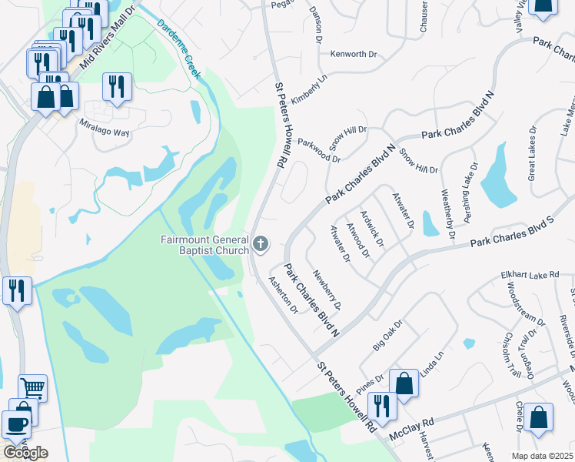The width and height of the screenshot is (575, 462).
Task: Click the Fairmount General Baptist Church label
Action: point(204,245)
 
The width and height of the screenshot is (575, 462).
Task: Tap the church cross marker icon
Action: point(261,245)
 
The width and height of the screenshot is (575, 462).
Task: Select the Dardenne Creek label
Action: point(179,48)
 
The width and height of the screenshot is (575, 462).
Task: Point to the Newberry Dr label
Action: point(327,290)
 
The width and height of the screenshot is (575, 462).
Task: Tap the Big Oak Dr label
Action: point(388,336)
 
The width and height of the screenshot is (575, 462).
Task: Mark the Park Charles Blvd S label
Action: point(512,232)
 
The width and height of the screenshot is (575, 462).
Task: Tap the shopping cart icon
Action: point(32,388)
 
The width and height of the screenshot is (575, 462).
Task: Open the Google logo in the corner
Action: point(25,452)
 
